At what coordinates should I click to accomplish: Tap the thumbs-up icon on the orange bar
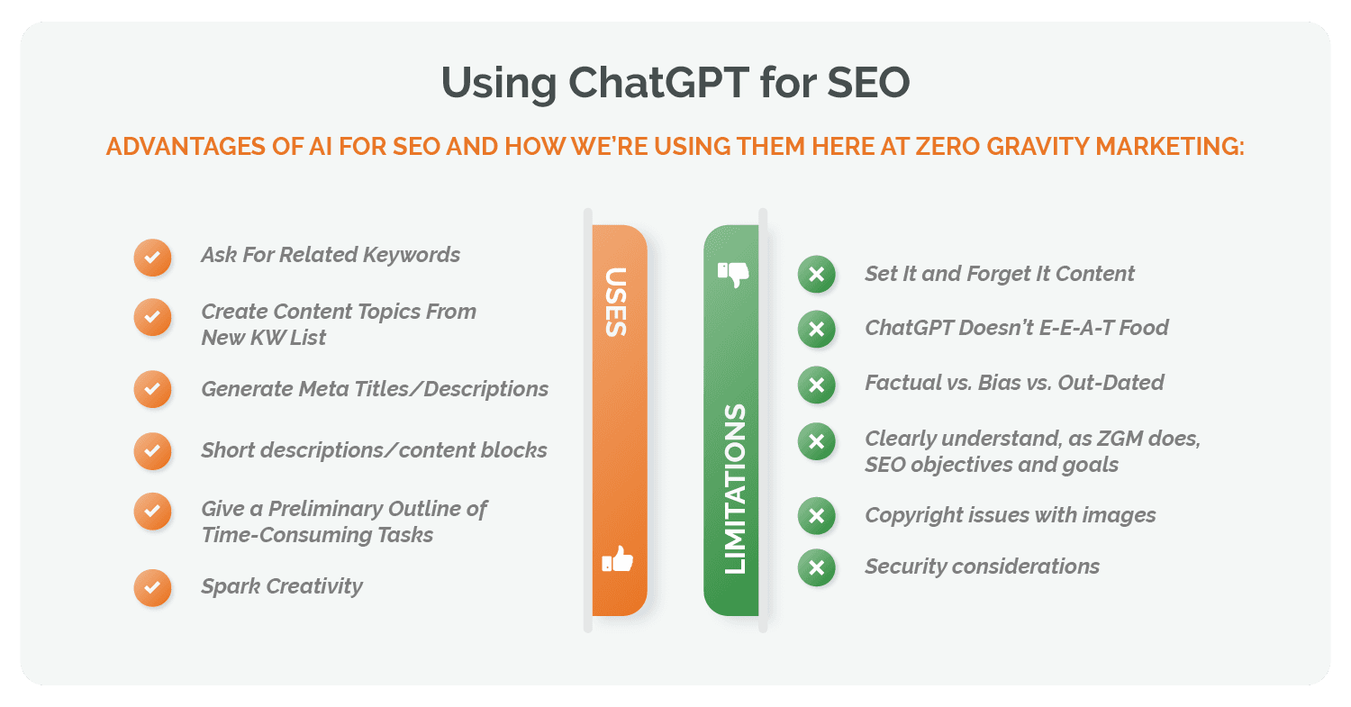618,560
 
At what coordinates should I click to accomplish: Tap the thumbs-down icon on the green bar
733,274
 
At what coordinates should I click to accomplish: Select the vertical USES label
617,302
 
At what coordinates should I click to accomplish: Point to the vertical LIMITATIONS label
735,489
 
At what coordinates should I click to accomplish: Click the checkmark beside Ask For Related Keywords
152,257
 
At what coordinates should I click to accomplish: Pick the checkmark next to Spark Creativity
152,587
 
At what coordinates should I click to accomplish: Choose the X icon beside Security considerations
816,567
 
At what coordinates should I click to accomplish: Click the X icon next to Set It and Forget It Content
816,275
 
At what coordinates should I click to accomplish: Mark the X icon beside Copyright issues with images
816,516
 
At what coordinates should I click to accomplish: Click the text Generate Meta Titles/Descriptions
375,389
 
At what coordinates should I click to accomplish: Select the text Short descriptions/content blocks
374,450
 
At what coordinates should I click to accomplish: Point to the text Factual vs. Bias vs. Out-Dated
1014,383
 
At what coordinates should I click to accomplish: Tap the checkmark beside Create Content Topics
152,317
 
